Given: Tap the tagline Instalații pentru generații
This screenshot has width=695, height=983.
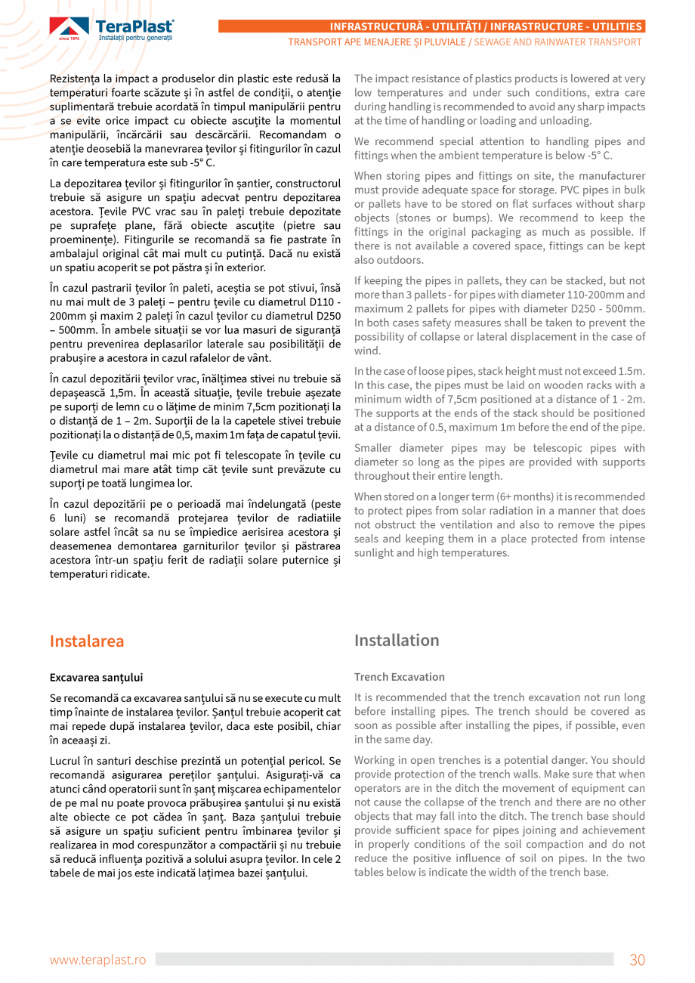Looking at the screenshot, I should (134, 37).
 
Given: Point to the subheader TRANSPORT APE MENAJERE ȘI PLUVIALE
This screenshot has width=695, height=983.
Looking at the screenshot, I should (376, 42).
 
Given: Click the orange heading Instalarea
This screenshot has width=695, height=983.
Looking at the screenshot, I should (86, 641).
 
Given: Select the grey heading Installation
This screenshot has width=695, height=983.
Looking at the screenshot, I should (397, 640).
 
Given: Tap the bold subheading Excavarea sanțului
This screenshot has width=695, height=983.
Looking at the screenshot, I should (96, 677).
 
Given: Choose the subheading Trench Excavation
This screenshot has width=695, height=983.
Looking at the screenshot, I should (399, 677).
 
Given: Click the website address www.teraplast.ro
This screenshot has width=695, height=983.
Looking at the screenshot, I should (97, 960).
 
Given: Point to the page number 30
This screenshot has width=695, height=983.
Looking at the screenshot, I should (637, 960).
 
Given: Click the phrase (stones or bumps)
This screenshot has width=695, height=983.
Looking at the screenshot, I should (398, 218).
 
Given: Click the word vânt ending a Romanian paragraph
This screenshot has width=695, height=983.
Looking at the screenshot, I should (256, 357).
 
